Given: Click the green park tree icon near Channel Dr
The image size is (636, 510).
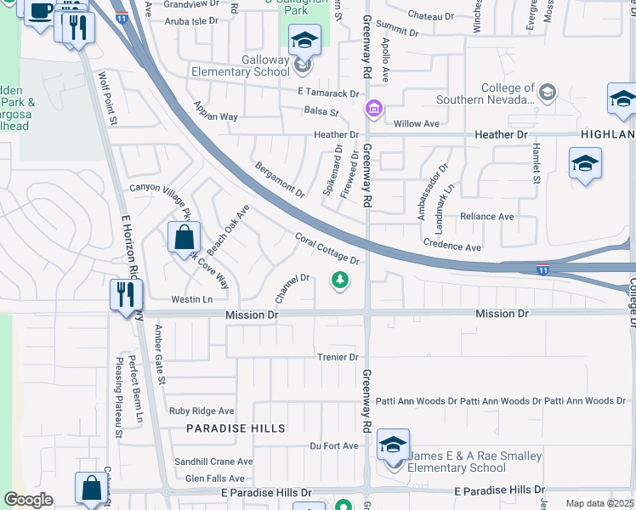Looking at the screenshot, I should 340,280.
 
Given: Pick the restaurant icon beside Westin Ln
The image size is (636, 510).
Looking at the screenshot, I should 124,294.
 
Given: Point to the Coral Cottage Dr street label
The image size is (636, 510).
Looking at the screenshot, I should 327,249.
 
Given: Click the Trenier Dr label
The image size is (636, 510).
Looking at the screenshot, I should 338,357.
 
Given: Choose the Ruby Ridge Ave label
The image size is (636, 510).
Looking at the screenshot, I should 202,411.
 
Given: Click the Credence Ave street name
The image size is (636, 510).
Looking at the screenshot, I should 453,246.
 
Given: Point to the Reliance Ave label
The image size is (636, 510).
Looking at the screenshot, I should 486,217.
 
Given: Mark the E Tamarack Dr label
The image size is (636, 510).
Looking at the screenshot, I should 328,93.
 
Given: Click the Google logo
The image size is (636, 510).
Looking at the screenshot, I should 28,500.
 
